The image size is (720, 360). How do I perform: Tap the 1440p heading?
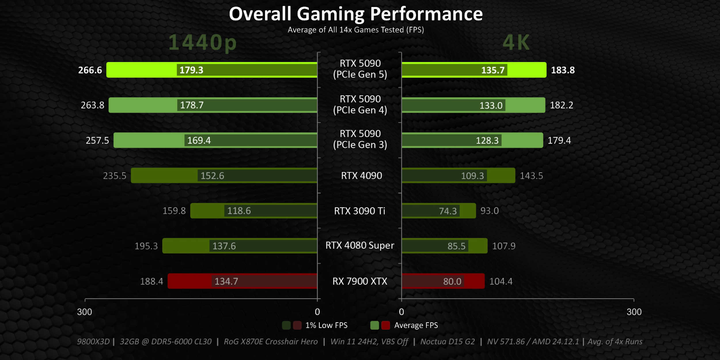(202, 43)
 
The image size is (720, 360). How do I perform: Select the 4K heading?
(516, 43)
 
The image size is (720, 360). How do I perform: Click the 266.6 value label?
(90, 70)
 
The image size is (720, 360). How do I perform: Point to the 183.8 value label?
(563, 70)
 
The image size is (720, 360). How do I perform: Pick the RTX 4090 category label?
(361, 175)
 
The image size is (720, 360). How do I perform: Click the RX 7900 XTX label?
(360, 281)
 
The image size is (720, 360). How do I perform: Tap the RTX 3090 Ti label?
(359, 211)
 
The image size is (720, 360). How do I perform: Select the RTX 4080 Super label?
(360, 245)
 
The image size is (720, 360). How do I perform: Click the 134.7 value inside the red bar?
(226, 281)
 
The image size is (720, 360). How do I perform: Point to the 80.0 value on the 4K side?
(452, 281)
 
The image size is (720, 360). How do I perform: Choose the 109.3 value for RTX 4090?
(472, 175)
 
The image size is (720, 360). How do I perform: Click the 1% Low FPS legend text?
(326, 325)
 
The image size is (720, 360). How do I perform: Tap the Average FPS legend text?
(416, 325)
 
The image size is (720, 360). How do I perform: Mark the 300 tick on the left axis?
(84, 312)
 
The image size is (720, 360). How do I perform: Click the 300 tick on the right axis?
(634, 312)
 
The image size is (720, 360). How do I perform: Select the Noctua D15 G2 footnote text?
(447, 342)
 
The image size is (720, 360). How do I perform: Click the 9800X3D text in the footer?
(93, 342)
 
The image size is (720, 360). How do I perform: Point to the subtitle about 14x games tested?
(356, 30)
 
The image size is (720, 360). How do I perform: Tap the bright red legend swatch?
(386, 325)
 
